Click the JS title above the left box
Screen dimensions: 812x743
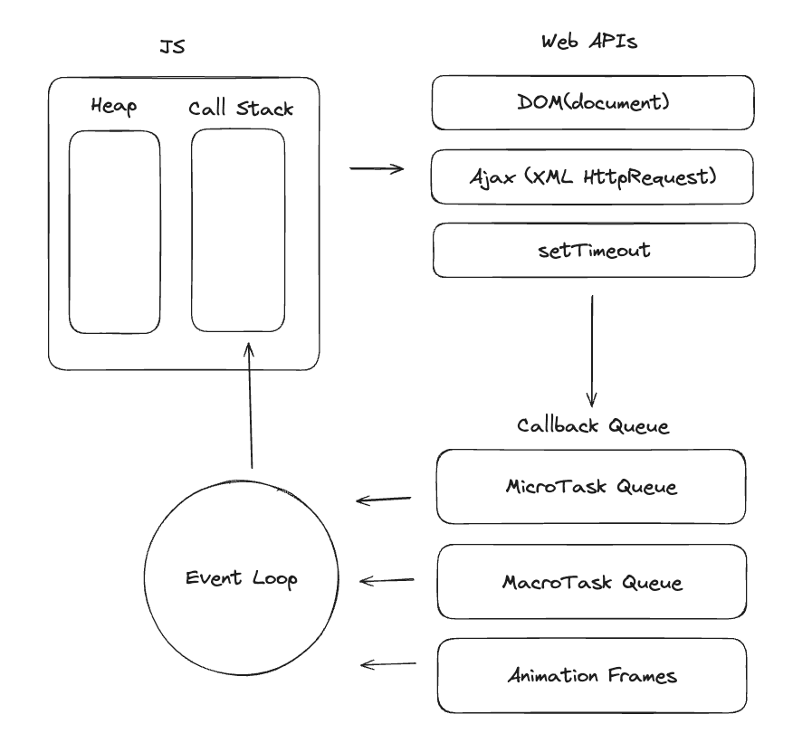click(172, 46)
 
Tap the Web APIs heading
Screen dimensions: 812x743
click(589, 42)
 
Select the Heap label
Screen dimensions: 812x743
click(114, 106)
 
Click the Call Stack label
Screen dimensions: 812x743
click(241, 109)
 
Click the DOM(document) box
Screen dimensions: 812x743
click(593, 102)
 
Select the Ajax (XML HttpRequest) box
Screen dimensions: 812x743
click(592, 176)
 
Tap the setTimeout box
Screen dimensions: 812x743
click(594, 250)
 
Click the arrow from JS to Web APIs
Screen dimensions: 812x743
click(377, 168)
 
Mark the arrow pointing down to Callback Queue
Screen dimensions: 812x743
click(592, 351)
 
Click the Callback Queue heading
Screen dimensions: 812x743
click(593, 425)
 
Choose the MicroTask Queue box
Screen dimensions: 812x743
click(591, 487)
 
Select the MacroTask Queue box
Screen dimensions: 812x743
click(592, 581)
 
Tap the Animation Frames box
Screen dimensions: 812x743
click(592, 676)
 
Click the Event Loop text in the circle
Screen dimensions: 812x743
click(242, 578)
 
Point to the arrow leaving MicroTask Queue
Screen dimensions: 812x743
click(384, 500)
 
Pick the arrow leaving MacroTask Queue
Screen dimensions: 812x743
click(387, 580)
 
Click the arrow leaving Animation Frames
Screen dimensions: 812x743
click(387, 663)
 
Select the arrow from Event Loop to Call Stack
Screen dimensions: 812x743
click(250, 405)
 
